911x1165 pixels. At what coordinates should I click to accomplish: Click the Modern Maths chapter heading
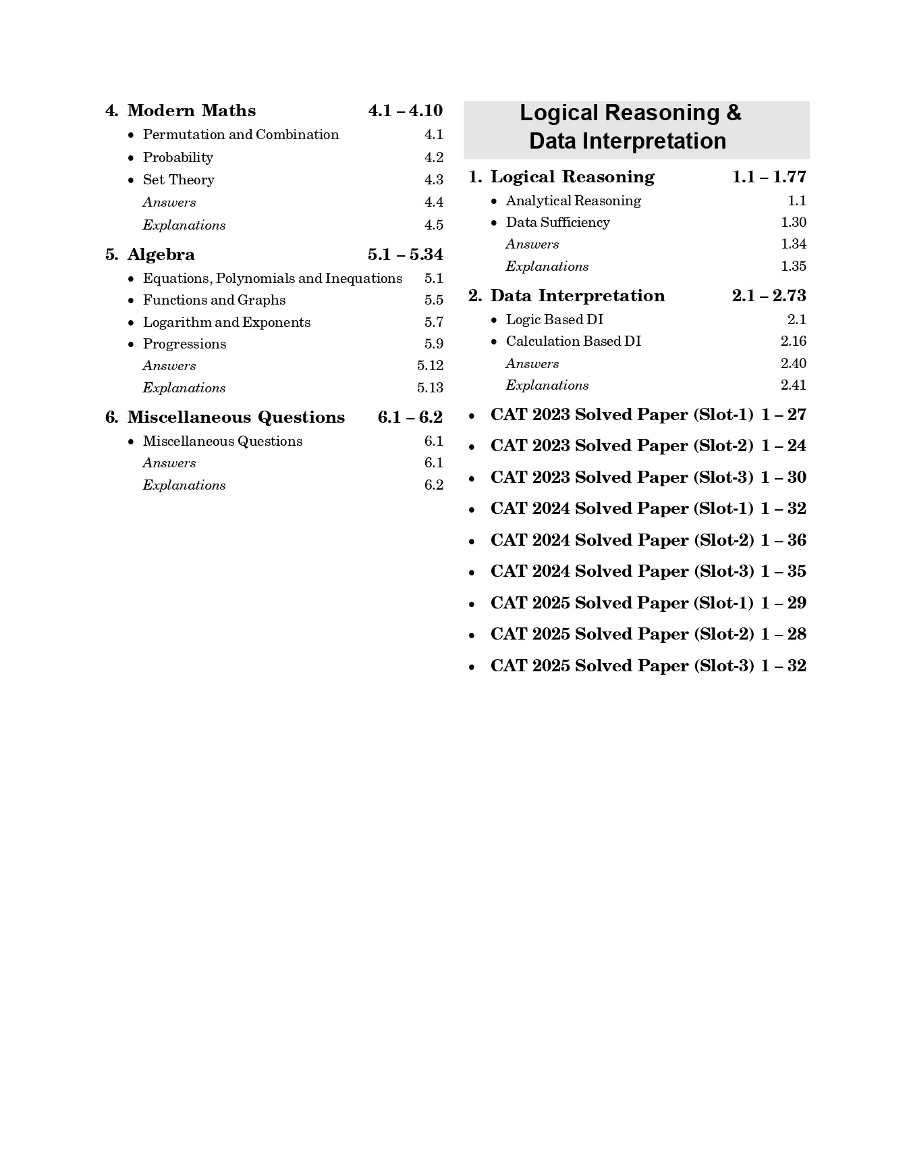(192, 111)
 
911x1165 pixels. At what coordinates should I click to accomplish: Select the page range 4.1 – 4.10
(406, 111)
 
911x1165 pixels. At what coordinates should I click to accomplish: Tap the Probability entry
(177, 157)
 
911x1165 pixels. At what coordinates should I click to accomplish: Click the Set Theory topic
(178, 180)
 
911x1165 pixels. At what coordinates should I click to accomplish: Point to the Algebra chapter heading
(161, 255)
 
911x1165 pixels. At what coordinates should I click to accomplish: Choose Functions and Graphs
(214, 300)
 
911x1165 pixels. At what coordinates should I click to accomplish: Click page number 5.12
(430, 365)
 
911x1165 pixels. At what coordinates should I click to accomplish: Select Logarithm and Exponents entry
(226, 322)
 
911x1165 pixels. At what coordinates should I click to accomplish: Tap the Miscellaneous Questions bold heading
(236, 417)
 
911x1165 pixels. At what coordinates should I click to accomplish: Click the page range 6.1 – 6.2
(410, 417)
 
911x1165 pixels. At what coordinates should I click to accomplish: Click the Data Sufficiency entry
(557, 222)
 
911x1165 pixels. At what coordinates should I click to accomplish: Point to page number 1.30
(794, 222)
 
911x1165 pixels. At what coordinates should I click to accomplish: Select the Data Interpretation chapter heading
(577, 296)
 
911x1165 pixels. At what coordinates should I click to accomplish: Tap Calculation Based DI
(573, 341)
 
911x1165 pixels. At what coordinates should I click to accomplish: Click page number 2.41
(794, 385)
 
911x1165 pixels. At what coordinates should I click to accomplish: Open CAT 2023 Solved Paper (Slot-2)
(622, 446)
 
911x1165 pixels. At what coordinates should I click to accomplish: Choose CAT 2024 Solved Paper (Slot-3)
(622, 571)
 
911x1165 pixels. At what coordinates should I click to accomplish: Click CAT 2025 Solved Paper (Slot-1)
(622, 603)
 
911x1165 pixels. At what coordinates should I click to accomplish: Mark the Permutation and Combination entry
(240, 134)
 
